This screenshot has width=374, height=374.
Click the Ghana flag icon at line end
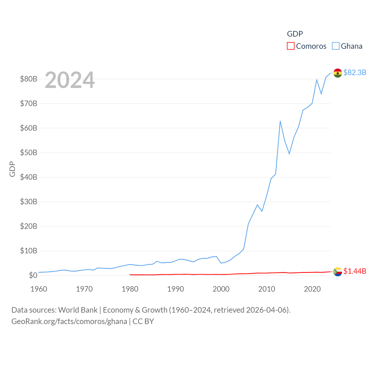pyautogui.click(x=337, y=73)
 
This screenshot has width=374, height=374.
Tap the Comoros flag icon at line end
pyautogui.click(x=337, y=272)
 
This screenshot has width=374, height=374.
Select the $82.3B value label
pyautogui.click(x=355, y=72)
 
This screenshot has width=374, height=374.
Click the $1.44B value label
pyautogui.click(x=355, y=271)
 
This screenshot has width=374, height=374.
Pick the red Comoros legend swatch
pyautogui.click(x=290, y=46)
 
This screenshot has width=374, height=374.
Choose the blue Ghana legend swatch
pyautogui.click(x=336, y=46)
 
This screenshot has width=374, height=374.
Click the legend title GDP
pyautogui.click(x=295, y=34)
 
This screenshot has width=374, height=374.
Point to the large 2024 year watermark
pyautogui.click(x=70, y=80)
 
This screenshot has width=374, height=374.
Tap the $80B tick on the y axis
pyautogui.click(x=28, y=79)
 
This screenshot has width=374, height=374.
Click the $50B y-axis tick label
pyautogui.click(x=28, y=153)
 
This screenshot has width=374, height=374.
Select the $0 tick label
pyautogui.click(x=33, y=275)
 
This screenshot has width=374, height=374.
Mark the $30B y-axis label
pyautogui.click(x=28, y=202)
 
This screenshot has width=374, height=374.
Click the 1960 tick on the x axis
pyautogui.click(x=39, y=289)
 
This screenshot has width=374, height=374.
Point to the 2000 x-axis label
pyautogui.click(x=221, y=289)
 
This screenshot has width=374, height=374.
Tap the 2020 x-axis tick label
pyautogui.click(x=312, y=289)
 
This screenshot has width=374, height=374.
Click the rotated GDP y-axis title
pyautogui.click(x=12, y=169)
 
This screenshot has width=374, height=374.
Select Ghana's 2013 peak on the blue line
pyautogui.click(x=280, y=121)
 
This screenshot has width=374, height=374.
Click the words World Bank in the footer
pyautogui.click(x=78, y=310)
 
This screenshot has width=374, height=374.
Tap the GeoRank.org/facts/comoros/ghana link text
pyautogui.click(x=69, y=321)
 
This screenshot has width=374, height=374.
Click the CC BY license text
pyautogui.click(x=143, y=321)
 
